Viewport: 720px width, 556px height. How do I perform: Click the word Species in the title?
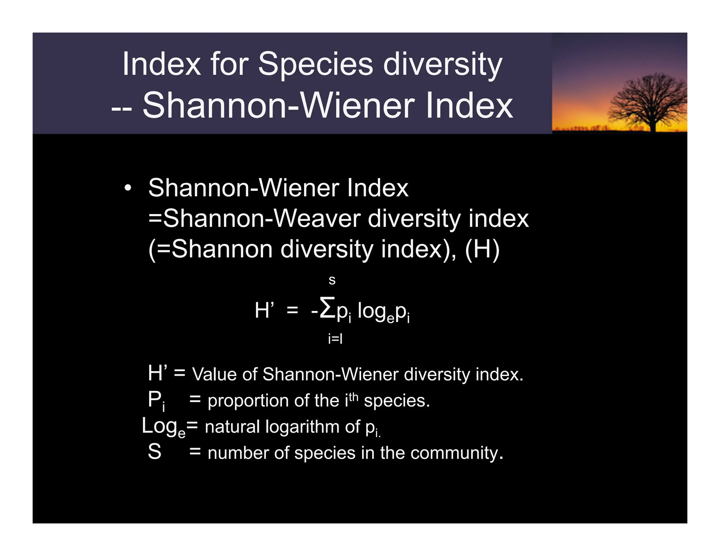[315, 65]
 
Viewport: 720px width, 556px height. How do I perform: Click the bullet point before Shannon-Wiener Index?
[128, 188]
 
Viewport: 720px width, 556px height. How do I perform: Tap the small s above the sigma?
[332, 280]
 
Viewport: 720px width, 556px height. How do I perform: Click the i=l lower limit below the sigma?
[335, 339]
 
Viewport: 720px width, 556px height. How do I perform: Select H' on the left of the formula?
[264, 311]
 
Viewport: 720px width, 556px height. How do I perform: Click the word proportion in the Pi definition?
[249, 401]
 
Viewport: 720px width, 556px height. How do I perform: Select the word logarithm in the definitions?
[303, 427]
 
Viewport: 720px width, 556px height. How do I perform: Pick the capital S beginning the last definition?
[154, 452]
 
